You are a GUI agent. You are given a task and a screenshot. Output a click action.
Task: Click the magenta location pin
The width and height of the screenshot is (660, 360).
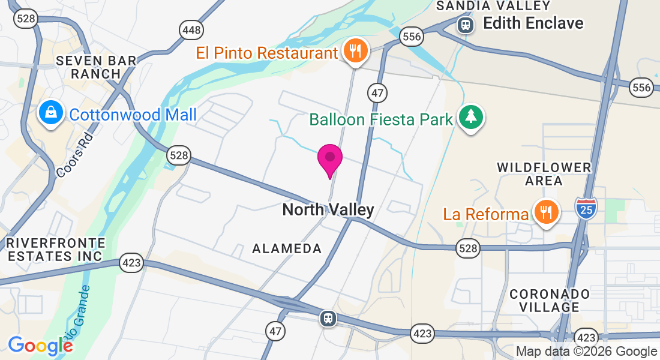point(329,159)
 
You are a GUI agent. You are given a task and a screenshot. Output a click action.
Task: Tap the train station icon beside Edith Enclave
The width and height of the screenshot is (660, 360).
point(464,25)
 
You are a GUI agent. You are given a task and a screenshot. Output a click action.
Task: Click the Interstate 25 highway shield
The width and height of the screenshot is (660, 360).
point(585,208)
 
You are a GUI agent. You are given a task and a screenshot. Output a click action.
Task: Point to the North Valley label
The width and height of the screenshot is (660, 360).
point(328,209)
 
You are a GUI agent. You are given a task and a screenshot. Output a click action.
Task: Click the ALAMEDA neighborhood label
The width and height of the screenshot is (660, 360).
point(287,248)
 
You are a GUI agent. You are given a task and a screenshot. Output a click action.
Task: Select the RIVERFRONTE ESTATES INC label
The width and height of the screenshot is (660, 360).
point(55,250)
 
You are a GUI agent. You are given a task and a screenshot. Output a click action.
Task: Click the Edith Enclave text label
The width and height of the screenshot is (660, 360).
point(533,23)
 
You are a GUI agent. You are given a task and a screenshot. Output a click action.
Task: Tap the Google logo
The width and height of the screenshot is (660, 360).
point(40,346)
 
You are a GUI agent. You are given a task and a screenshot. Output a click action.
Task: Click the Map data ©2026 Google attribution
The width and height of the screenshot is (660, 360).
point(586,352)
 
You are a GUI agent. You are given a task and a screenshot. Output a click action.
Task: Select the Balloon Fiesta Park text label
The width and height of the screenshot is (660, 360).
point(381,119)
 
